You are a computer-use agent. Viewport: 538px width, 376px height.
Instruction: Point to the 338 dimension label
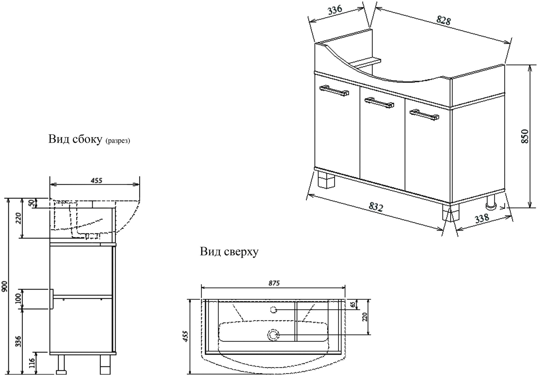[482, 218]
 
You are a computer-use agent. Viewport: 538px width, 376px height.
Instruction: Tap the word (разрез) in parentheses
[118, 141]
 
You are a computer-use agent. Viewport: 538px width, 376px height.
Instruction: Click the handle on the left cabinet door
[334, 91]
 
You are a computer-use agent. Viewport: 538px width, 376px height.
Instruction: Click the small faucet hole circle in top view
[274, 310]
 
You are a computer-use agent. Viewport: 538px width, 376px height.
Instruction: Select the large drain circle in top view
[274, 335]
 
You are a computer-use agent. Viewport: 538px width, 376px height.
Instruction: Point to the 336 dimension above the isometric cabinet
[335, 10]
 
